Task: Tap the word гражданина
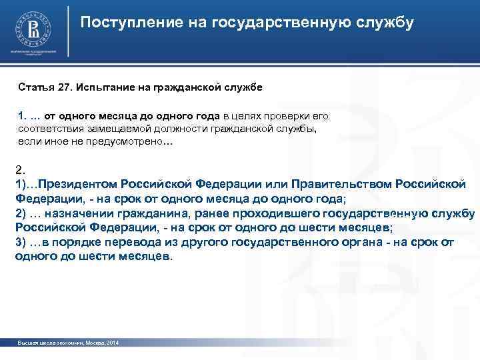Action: [x=151, y=213]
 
